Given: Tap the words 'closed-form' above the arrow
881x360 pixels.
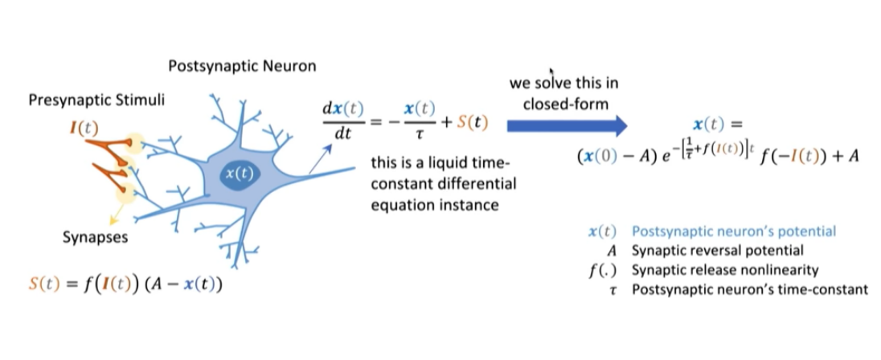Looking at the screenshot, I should [563, 104].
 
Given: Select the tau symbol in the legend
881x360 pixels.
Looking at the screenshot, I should [613, 288].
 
